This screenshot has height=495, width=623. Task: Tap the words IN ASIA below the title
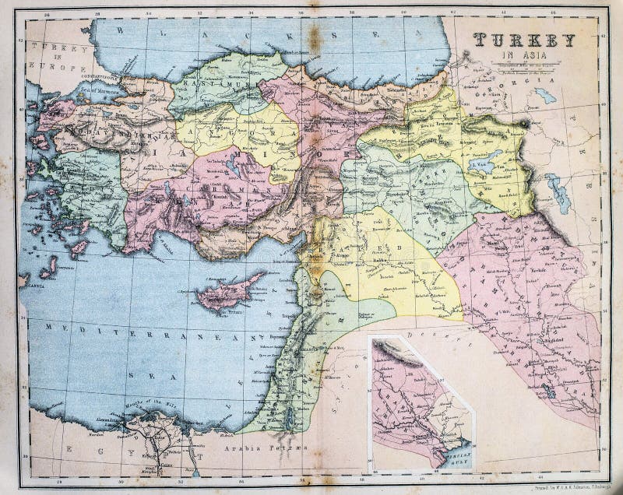[523, 54]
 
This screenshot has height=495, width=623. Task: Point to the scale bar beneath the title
[523, 66]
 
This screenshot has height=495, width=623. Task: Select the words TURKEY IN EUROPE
[58, 58]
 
